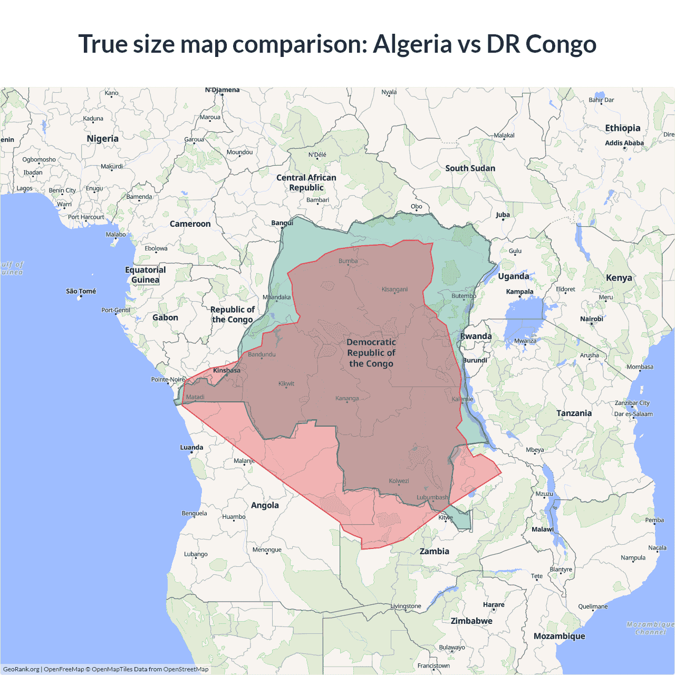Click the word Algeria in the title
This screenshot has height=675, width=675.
(x=412, y=44)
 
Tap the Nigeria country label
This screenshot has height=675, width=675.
(x=102, y=139)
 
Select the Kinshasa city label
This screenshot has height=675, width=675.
(x=227, y=370)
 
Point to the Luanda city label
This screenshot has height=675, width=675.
(x=191, y=447)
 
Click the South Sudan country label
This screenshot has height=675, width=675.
(x=470, y=168)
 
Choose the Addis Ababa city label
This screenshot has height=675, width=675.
(x=624, y=143)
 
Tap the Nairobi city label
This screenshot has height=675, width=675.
(x=592, y=319)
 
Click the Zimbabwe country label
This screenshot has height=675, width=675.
(x=471, y=621)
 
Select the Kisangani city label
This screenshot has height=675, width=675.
(x=394, y=290)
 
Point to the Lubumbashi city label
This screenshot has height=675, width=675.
(x=432, y=497)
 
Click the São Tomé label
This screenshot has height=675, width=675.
(x=81, y=291)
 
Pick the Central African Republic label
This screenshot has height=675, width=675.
(x=306, y=182)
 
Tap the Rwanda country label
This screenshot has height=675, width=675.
(x=476, y=336)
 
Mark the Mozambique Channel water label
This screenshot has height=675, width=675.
(x=651, y=628)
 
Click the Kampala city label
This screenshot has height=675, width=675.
(x=519, y=292)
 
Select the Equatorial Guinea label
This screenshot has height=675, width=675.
(x=146, y=275)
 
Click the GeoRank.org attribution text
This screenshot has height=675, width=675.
(x=21, y=669)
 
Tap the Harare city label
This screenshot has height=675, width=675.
(x=494, y=605)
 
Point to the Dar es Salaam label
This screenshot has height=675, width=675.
(x=633, y=414)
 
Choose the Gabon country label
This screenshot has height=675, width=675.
(x=165, y=317)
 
